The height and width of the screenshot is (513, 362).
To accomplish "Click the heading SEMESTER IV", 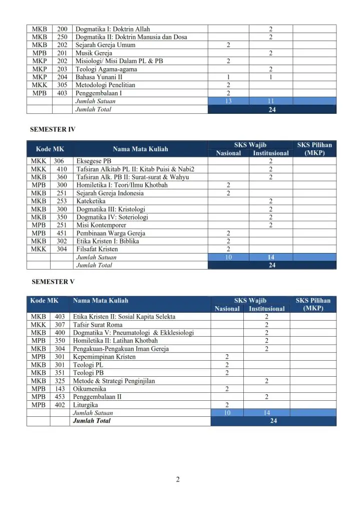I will pos(54,129).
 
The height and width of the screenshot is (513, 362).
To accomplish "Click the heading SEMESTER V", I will pos(53,282).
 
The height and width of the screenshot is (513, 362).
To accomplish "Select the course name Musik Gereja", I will pos(94,53).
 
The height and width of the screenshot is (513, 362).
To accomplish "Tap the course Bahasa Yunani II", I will pos(99,77).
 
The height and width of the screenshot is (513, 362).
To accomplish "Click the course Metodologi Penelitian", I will pos(105,85).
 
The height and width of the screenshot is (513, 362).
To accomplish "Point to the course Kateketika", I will pos(91,201).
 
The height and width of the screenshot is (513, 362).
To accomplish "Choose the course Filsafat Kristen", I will pos(97,249).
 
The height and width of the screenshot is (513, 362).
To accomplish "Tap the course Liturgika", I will pos(86,405).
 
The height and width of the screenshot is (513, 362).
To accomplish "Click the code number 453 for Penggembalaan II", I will pos(60,397).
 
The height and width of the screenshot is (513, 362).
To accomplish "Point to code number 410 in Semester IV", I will pos(62,169).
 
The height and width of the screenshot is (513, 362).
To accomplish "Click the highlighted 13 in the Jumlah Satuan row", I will pos(228,101).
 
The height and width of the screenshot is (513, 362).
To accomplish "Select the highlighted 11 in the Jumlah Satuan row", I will pos(271,101).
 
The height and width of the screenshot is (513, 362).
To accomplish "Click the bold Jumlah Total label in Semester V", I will pos(92,421).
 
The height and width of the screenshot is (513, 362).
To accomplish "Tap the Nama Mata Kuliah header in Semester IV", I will pos(140,149).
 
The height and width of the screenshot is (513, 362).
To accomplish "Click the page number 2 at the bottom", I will pos(178,479).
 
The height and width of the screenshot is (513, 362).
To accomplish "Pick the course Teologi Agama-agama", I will pos(106,69).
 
